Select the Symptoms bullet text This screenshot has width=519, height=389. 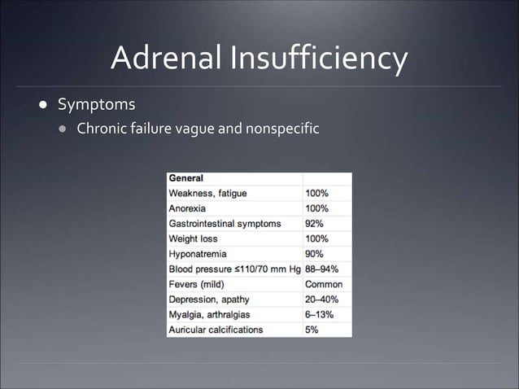point(96,105)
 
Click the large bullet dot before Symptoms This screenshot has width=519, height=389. point(38,106)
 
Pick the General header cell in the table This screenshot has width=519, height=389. point(186,178)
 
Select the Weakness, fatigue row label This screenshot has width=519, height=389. point(207,194)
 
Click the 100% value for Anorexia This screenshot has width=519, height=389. point(316,208)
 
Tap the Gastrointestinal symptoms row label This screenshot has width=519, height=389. point(225,224)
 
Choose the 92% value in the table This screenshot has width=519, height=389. point(314,224)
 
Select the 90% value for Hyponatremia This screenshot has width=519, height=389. point(314,254)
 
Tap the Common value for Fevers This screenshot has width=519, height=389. point(323,285)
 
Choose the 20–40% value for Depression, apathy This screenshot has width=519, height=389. point(321,299)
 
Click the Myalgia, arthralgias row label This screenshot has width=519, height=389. point(210,315)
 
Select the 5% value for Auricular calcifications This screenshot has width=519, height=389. point(312,330)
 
